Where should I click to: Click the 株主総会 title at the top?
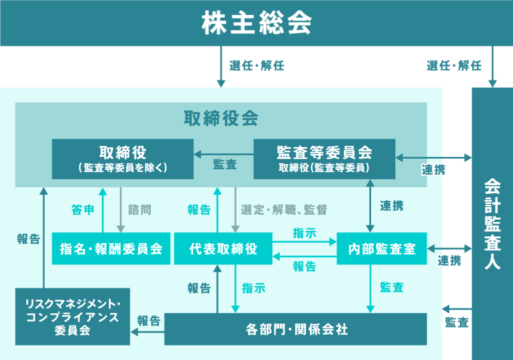(x=256, y=23)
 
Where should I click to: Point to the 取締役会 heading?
(x=221, y=118)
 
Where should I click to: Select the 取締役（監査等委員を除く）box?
(x=123, y=159)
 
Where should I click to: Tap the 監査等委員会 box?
(x=324, y=159)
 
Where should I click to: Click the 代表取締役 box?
(x=223, y=249)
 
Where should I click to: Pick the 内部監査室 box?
(x=382, y=249)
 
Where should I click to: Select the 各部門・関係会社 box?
(x=296, y=329)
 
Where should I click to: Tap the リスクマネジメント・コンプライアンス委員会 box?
(x=73, y=317)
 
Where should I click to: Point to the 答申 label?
(x=83, y=210)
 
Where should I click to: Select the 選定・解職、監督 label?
(x=284, y=210)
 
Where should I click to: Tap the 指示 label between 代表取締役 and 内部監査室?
(x=305, y=233)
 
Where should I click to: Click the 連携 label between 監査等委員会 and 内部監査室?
(x=391, y=205)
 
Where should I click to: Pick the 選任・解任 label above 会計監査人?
(x=454, y=66)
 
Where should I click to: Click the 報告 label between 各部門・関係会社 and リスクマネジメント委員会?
(x=148, y=321)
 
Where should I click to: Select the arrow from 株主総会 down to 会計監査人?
(x=493, y=67)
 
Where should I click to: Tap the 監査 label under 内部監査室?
(x=392, y=287)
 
